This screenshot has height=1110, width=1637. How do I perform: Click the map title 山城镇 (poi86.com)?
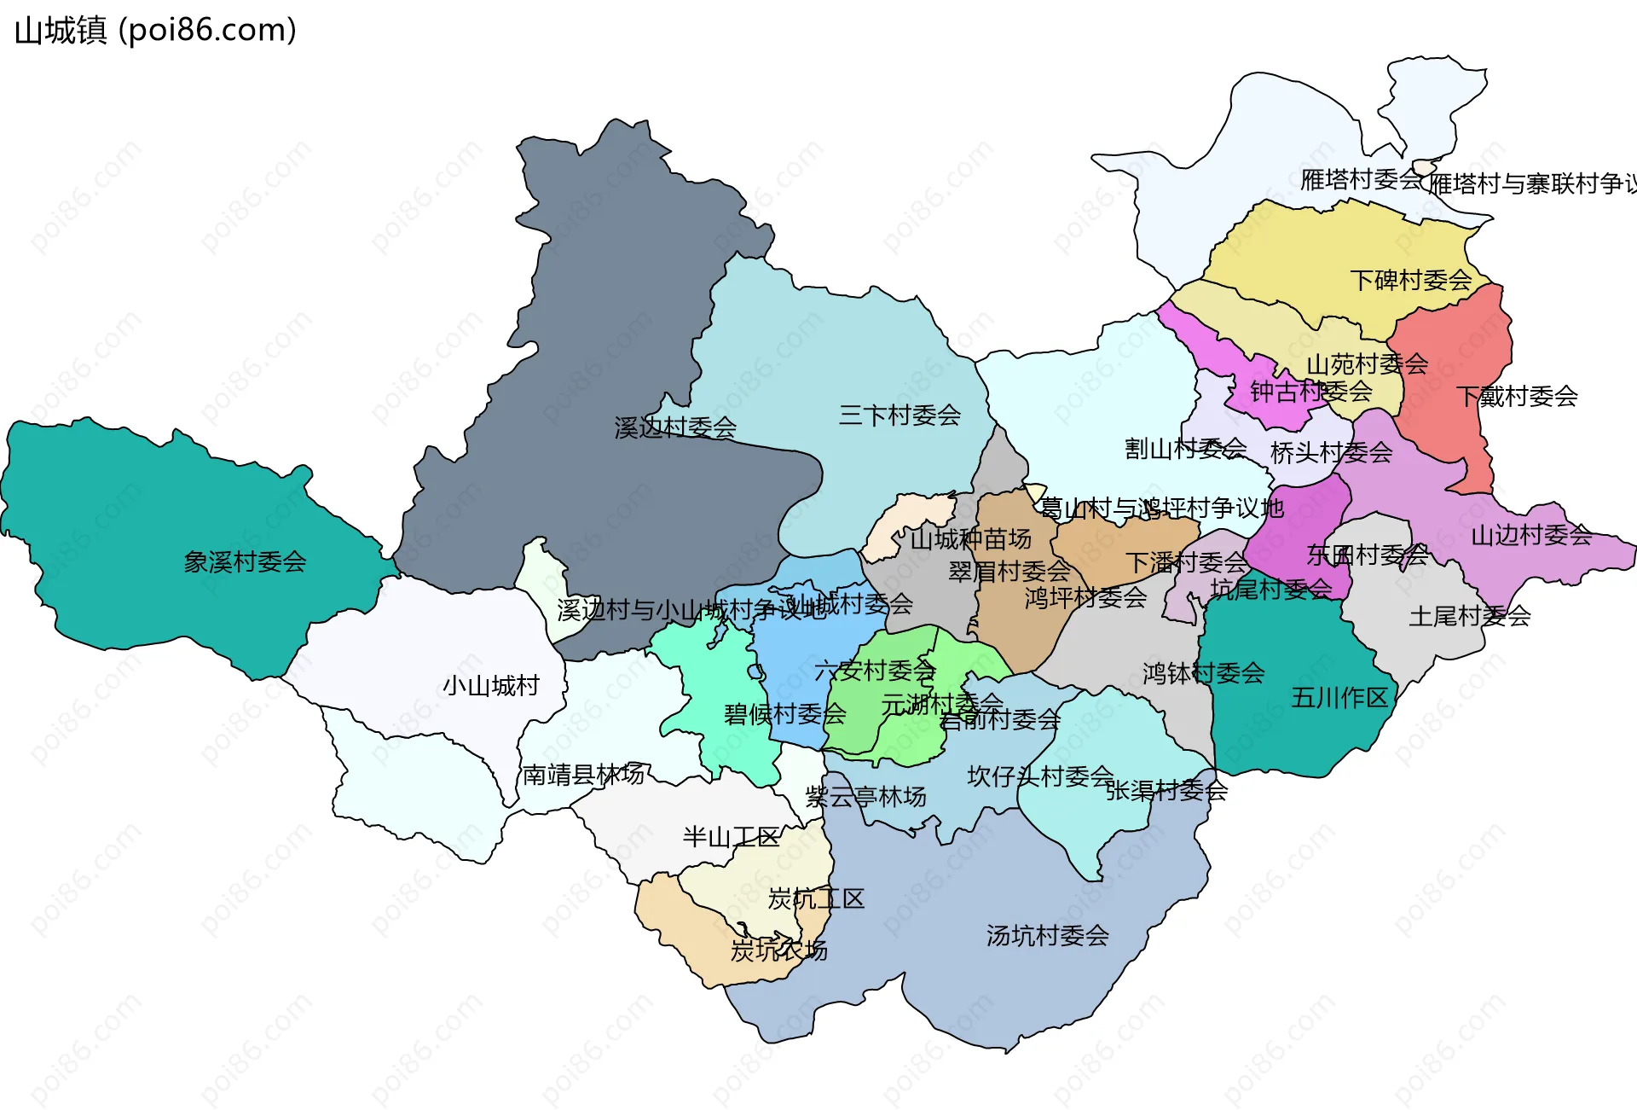click(155, 31)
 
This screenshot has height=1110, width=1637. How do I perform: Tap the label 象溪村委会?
click(245, 561)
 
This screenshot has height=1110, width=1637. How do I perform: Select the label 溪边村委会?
click(675, 427)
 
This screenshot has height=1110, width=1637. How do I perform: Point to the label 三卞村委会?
click(899, 416)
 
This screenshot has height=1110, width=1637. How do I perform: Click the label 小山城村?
click(491, 685)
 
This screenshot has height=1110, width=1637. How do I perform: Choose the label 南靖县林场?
click(583, 775)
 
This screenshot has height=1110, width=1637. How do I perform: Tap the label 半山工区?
click(731, 837)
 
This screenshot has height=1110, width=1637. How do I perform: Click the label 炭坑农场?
click(778, 950)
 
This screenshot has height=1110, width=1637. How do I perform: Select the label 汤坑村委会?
click(1047, 936)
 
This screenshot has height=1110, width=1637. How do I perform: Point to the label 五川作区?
click(1339, 698)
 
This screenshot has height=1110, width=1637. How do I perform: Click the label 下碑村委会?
click(1411, 280)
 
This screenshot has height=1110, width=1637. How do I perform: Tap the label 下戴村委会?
click(1517, 396)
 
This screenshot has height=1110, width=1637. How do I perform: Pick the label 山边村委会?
click(1531, 535)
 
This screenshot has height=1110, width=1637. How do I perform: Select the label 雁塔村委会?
click(1361, 179)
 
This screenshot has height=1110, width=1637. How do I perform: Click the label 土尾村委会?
click(1469, 616)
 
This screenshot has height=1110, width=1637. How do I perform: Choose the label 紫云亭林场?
click(865, 797)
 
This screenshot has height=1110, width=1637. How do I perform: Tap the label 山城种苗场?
click(970, 539)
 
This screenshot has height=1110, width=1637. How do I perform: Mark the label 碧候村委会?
click(784, 714)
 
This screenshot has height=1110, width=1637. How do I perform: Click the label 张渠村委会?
click(1166, 791)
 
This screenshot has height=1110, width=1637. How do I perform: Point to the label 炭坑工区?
click(816, 898)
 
